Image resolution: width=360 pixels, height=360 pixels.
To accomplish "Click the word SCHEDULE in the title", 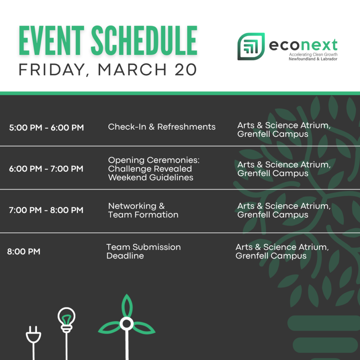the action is coord(144,40).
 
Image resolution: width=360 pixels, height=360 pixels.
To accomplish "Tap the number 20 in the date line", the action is coord(186,70).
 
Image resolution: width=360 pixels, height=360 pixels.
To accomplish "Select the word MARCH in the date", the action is coord(132,70).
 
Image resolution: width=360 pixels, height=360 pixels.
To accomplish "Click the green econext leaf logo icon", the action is coord(251,46).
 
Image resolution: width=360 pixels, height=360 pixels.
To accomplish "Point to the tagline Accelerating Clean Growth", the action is coord(313,54).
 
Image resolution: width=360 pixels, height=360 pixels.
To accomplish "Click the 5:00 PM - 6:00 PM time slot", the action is coord(46,128).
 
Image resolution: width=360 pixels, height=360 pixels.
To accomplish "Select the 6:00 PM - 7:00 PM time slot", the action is coord(46,169).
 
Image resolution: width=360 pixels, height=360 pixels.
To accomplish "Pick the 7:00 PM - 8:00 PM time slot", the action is coord(46,210).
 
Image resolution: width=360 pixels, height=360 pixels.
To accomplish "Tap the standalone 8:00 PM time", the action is coord(24,251).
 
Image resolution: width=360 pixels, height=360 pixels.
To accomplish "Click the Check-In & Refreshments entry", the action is coord(162,127).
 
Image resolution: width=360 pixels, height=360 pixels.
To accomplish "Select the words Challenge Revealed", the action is coord(150,169).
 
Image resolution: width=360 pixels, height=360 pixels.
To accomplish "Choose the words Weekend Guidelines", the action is coord(150,178).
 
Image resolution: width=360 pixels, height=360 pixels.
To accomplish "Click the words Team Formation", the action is coord(143,215).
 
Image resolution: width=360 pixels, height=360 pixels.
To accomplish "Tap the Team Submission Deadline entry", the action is coord(143,251).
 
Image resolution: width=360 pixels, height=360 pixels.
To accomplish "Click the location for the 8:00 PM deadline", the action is coord(282,251).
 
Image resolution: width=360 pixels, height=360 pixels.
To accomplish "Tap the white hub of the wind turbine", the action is coord(127,324).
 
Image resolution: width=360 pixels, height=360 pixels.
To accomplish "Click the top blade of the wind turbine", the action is coord(127,306).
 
